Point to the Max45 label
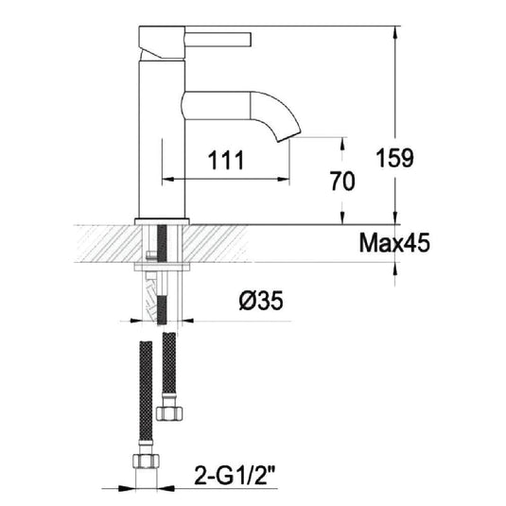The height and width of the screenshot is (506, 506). tap(394, 243)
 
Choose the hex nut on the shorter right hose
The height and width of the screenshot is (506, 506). tap(171, 411)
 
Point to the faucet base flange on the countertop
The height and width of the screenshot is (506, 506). tap(164, 219)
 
